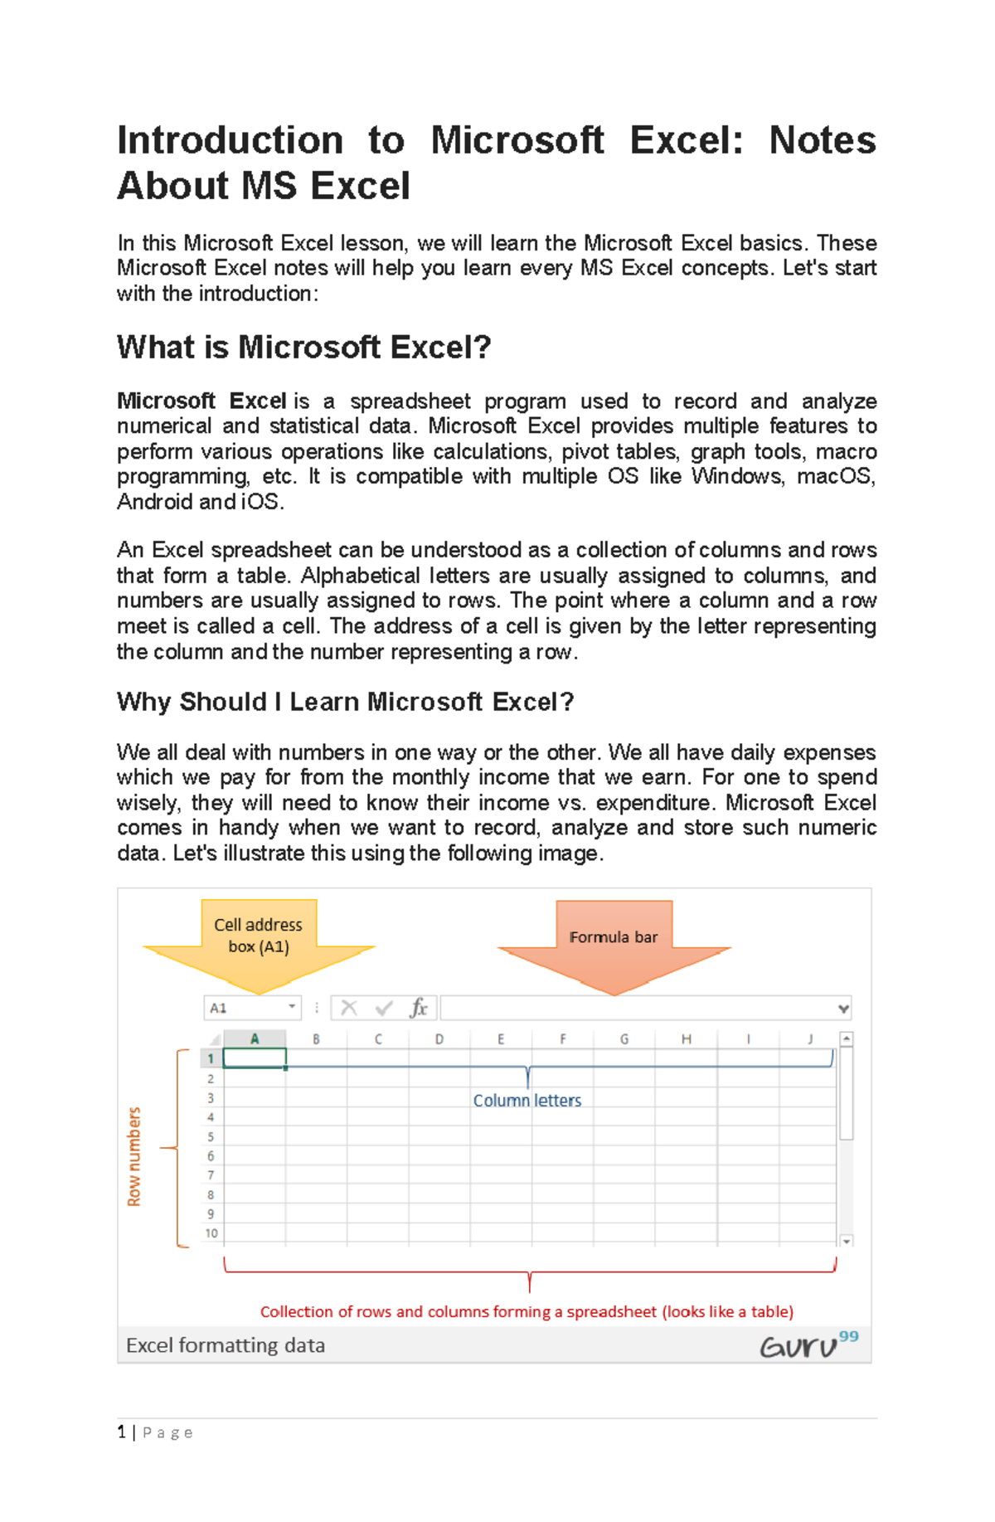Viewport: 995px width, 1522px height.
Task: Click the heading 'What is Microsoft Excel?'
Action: pyautogui.click(x=303, y=348)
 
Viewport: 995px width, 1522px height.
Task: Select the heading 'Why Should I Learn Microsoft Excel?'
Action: pyautogui.click(x=345, y=702)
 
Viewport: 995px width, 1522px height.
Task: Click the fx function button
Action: pyautogui.click(x=419, y=1008)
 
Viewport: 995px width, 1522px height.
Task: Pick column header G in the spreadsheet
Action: pyautogui.click(x=624, y=1038)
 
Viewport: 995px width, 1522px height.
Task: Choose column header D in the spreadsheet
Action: pyautogui.click(x=439, y=1038)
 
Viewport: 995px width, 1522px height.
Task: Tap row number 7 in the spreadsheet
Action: pyautogui.click(x=211, y=1175)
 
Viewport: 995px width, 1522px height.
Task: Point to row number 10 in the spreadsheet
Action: pyautogui.click(x=211, y=1233)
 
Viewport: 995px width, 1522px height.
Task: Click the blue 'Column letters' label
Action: pyautogui.click(x=527, y=1101)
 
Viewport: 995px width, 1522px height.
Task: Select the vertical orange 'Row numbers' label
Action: pyautogui.click(x=134, y=1156)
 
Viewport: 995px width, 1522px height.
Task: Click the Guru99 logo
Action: pyautogui.click(x=808, y=1344)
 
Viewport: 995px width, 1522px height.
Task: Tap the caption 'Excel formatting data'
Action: pyautogui.click(x=226, y=1345)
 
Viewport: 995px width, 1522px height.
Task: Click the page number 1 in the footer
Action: pyautogui.click(x=122, y=1432)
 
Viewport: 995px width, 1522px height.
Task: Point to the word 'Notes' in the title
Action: pyautogui.click(x=822, y=140)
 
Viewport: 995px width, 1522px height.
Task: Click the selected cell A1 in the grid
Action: pyautogui.click(x=255, y=1058)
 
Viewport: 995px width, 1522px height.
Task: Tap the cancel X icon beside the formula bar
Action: pyautogui.click(x=349, y=1008)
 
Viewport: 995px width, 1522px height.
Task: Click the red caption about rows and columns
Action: pyautogui.click(x=527, y=1311)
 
